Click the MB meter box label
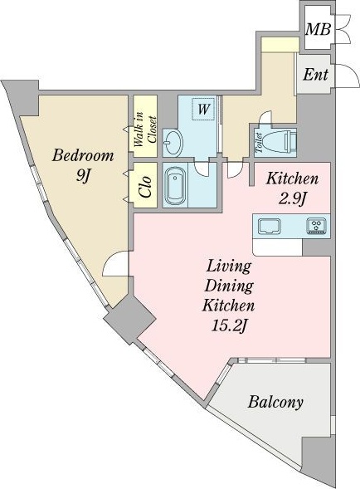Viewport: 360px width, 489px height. click(318, 29)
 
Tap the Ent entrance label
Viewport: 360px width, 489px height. click(315, 75)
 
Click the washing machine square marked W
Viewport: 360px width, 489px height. click(203, 109)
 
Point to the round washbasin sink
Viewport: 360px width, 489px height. click(173, 143)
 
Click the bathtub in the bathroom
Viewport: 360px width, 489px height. click(175, 186)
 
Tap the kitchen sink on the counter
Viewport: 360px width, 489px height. click(270, 226)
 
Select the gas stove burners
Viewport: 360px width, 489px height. click(317, 226)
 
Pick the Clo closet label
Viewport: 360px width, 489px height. click(146, 187)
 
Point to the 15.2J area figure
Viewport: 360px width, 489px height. click(229, 326)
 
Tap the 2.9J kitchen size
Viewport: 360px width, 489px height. click(292, 198)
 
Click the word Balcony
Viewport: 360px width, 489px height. click(275, 403)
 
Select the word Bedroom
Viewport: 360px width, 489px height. click(83, 155)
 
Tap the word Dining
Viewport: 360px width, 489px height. click(229, 287)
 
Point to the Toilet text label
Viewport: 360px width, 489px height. click(259, 143)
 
